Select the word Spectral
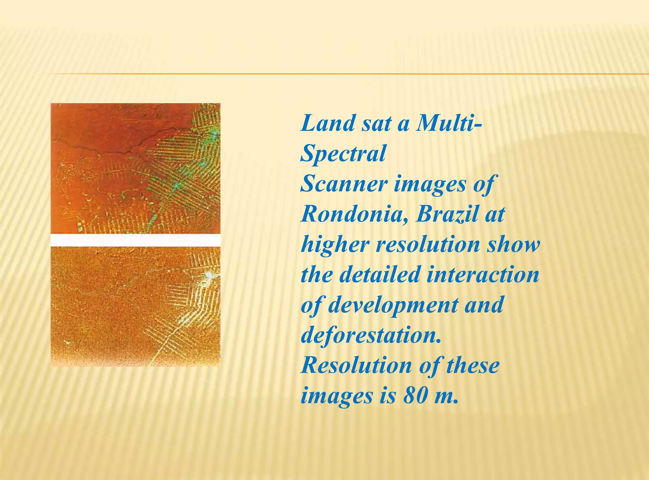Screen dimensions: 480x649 343,154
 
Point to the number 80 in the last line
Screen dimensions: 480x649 416,395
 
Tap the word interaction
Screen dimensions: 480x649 483,275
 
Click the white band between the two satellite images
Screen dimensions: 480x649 135,240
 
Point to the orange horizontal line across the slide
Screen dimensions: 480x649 349,74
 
